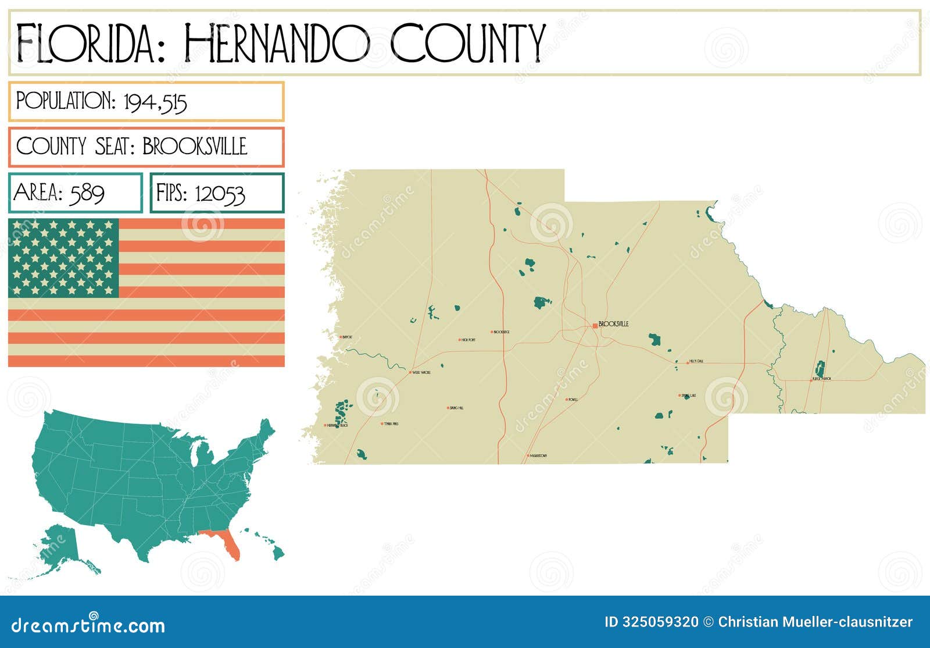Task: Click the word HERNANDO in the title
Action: pos(276,44)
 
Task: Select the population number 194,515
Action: pos(155,102)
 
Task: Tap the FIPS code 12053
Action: pos(220,194)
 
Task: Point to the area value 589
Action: pos(87,193)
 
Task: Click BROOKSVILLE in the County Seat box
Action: pos(195,147)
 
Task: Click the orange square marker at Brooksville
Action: pos(595,326)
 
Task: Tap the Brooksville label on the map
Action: pos(613,324)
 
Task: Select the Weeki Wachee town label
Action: pos(421,372)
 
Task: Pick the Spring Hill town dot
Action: pos(448,408)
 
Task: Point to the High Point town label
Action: pos(468,340)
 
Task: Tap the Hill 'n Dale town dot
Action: pos(687,362)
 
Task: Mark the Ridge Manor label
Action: pos(823,379)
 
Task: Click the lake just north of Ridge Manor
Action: pos(820,368)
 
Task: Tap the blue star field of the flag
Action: pos(63,258)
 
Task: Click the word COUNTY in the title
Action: pos(468,44)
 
